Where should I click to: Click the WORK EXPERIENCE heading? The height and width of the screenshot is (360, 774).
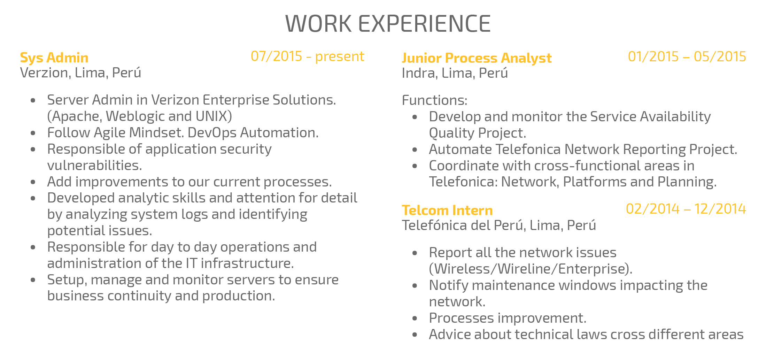tap(388, 24)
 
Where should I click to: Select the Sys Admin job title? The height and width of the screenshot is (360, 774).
tap(54, 58)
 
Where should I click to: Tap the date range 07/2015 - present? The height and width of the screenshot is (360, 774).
tap(307, 56)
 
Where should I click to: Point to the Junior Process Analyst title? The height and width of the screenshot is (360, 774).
tap(477, 58)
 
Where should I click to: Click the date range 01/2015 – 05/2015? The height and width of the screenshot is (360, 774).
tap(687, 56)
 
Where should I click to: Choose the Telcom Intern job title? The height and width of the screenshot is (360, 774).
tap(447, 210)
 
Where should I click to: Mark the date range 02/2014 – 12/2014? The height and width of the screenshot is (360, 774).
tap(686, 209)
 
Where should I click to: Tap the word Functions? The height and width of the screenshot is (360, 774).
tap(434, 100)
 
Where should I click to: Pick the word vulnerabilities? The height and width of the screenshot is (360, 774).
tap(95, 166)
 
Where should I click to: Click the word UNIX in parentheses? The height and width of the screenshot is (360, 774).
tap(211, 116)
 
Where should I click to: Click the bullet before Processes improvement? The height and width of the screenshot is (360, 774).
tap(415, 318)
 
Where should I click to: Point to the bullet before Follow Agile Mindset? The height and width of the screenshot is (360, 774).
tap(33, 133)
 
